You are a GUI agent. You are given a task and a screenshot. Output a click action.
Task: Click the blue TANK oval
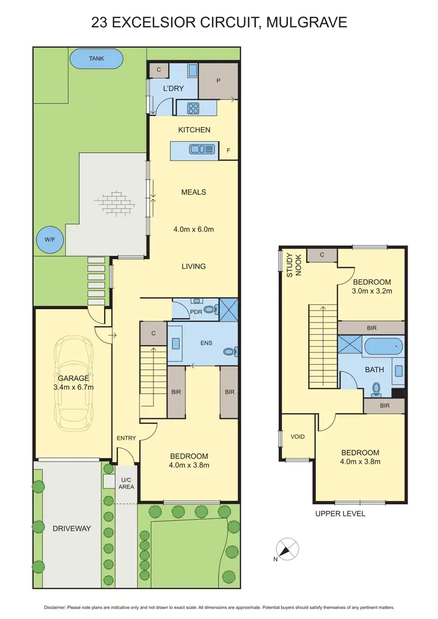tap(96, 59)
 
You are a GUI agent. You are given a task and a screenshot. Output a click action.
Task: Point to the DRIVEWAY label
tap(72, 529)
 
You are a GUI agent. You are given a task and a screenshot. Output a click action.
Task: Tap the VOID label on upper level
tap(297, 436)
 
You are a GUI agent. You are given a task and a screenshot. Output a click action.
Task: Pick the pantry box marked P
tap(218, 81)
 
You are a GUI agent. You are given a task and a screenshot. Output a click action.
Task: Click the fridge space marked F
tap(228, 151)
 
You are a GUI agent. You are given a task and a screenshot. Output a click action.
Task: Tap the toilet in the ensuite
tap(232, 352)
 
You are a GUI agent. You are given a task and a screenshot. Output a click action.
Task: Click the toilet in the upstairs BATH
tap(377, 387)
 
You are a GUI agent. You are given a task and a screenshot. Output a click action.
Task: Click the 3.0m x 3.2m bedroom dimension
tap(371, 291)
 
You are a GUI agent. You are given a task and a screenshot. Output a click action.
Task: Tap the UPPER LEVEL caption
tap(340, 513)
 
